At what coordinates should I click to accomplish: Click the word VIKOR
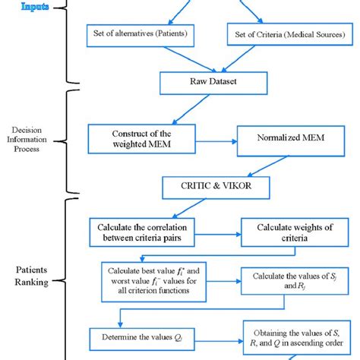[x=226, y=185]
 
